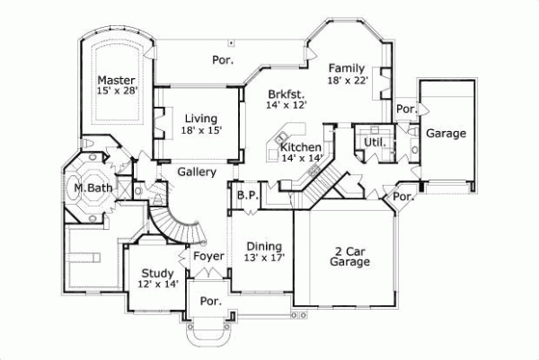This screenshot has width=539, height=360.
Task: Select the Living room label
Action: tap(200, 118)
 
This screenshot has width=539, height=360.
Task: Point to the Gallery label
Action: tap(195, 171)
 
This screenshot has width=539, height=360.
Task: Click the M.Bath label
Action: tap(91, 189)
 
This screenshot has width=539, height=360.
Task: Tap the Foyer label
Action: tap(209, 257)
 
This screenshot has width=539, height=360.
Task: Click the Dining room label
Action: tap(264, 246)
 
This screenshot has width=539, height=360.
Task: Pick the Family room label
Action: tap(346, 68)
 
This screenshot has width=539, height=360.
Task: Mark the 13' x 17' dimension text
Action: tap(264, 259)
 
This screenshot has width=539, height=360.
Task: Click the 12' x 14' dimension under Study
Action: tap(157, 285)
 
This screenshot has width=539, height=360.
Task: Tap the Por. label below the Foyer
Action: tap(211, 302)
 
